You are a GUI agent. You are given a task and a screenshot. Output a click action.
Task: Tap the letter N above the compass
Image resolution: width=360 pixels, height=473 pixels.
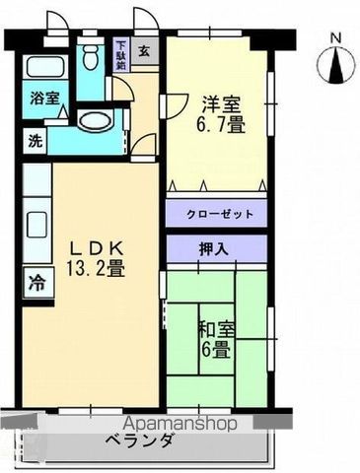click(335, 38)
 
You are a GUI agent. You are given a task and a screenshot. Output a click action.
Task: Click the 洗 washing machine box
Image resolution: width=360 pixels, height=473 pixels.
click(35, 140)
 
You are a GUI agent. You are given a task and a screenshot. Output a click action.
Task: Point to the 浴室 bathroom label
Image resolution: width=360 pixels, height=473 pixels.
click(41, 100)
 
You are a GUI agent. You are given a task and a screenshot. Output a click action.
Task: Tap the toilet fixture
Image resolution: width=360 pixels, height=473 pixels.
click(92, 59)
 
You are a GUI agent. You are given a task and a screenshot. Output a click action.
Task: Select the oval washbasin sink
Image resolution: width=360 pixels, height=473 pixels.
click(96, 122)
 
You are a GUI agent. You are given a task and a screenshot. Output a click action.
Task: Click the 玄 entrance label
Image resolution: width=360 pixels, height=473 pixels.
click(144, 52)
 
